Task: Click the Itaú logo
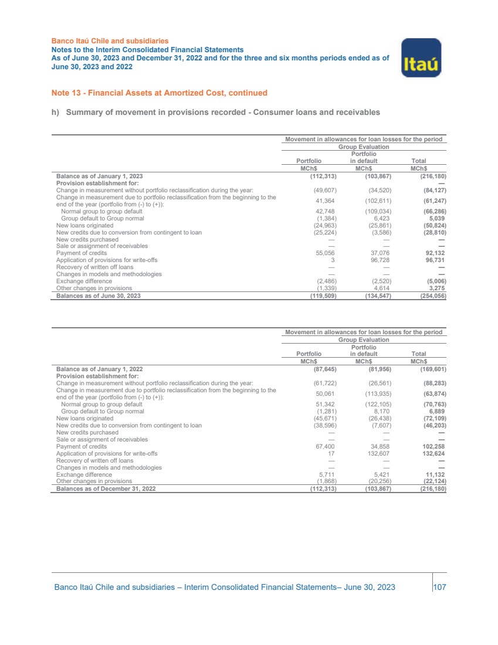(421, 57)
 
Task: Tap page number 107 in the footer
(439, 587)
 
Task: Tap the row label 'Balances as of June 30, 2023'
(98, 296)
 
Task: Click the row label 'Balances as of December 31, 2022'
(106, 488)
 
